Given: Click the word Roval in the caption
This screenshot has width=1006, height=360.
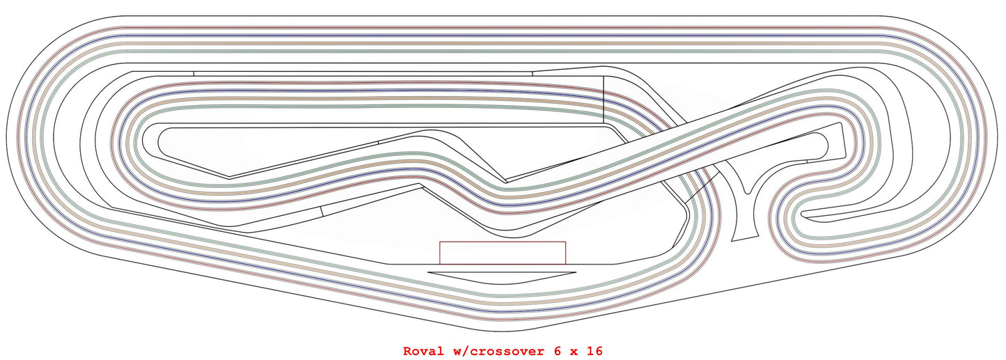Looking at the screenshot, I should (423, 351).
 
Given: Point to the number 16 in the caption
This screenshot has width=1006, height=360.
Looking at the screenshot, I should (594, 351).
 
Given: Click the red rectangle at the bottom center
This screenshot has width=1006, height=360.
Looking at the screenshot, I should (502, 253).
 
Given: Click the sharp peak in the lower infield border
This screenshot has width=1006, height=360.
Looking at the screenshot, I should (420, 185).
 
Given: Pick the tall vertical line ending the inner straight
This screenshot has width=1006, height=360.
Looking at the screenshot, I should (603, 100).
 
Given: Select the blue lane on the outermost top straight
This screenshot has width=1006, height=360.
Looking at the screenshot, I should (501, 36).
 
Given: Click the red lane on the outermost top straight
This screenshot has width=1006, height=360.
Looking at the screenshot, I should (501, 28).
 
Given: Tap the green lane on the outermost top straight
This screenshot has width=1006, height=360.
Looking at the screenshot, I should (501, 51).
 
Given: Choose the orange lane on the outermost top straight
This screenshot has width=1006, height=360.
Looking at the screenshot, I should (501, 43).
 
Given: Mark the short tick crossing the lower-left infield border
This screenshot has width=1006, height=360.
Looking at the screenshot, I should (322, 212).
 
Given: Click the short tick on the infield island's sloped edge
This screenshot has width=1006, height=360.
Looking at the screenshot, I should (377, 141).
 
